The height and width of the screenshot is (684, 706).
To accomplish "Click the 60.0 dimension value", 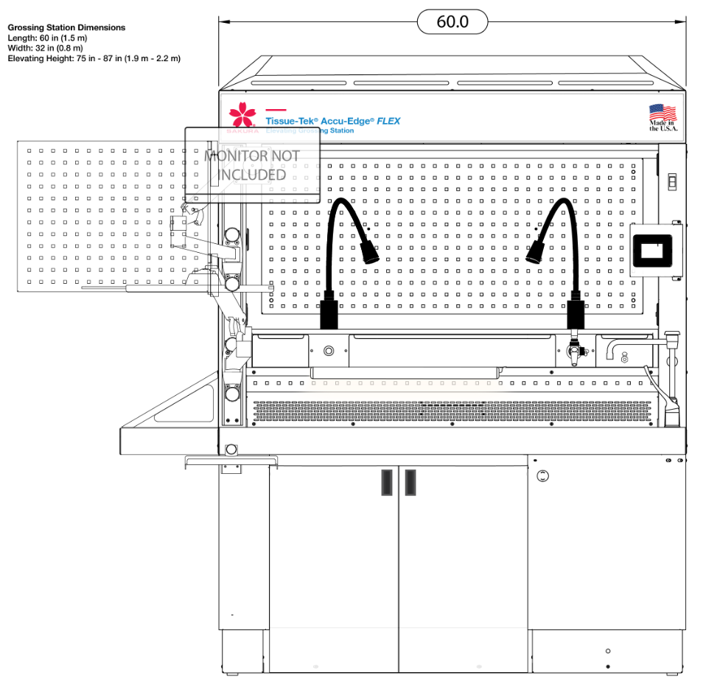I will [x=452, y=22].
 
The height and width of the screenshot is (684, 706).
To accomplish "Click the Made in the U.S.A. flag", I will [x=662, y=114].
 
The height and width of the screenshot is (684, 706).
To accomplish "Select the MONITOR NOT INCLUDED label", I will [x=252, y=165].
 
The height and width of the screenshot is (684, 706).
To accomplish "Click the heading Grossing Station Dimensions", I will [x=66, y=27].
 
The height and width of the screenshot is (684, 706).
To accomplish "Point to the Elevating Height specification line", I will [x=94, y=58].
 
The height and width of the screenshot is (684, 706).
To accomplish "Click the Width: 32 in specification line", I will [x=46, y=48].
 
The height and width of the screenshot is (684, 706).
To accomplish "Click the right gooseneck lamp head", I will [x=536, y=254].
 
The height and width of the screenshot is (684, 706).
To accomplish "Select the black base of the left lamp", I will [x=329, y=310].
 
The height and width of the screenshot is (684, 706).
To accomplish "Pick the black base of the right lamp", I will [x=576, y=310].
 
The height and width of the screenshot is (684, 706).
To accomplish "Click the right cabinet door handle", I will [x=410, y=482].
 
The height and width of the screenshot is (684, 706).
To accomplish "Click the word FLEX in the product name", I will [x=388, y=121].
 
